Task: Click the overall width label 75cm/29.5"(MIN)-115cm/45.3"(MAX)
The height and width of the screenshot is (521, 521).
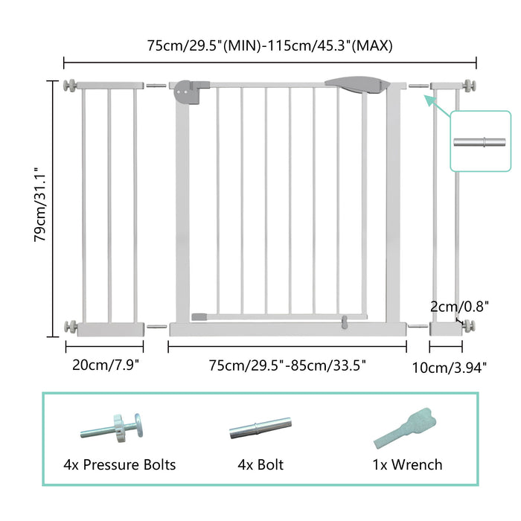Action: [269, 45]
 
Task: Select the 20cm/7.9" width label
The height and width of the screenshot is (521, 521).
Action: [104, 365]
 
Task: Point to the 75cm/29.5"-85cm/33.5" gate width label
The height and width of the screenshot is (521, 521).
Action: [287, 365]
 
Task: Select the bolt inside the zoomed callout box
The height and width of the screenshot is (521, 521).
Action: [482, 141]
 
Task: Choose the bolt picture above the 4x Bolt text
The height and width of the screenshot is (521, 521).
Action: [260, 429]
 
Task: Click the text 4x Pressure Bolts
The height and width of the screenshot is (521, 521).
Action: [120, 464]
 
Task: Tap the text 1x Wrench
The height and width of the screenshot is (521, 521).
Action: [408, 464]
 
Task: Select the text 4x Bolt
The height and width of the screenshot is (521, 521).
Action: [260, 464]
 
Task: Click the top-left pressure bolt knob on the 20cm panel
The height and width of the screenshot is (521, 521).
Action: [71, 86]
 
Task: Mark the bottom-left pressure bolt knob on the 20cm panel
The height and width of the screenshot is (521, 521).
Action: [71, 326]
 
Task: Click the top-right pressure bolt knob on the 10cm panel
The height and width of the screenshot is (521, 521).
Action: [470, 86]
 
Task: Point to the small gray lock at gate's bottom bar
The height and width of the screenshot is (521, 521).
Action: [345, 322]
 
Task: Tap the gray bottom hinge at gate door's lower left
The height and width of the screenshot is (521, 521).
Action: [199, 316]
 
